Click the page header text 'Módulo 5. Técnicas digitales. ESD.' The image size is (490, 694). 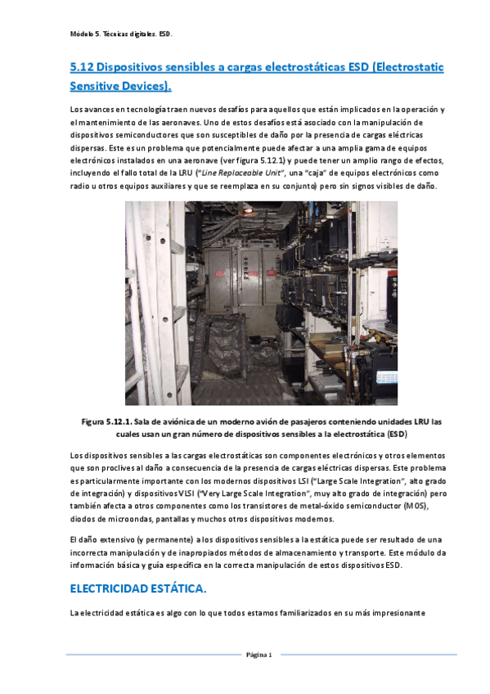click(x=121, y=34)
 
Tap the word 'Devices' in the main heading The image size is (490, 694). click(x=142, y=85)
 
